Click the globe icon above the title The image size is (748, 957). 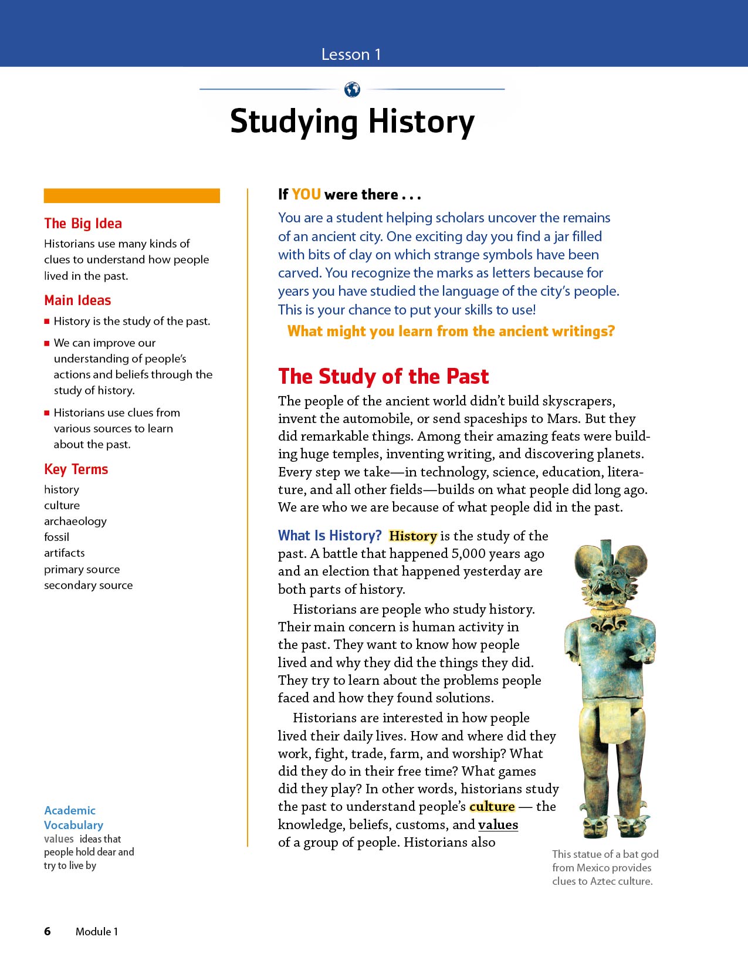pyautogui.click(x=352, y=90)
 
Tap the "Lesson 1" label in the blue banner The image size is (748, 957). pyautogui.click(x=351, y=55)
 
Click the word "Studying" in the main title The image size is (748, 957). pyautogui.click(x=293, y=122)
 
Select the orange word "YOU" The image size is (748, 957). pyautogui.click(x=306, y=195)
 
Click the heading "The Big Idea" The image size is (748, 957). pyautogui.click(x=83, y=224)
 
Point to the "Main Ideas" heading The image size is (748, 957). pyautogui.click(x=77, y=300)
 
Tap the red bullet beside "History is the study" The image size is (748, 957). pyautogui.click(x=47, y=322)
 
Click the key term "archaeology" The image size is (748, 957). pyautogui.click(x=75, y=521)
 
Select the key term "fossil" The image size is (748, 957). pyautogui.click(x=56, y=537)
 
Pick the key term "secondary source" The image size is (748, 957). pyautogui.click(x=88, y=585)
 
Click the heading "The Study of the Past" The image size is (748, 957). pyautogui.click(x=383, y=377)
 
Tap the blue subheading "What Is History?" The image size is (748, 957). pyautogui.click(x=330, y=536)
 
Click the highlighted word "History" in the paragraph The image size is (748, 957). pyautogui.click(x=413, y=536)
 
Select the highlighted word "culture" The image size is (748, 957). pyautogui.click(x=492, y=807)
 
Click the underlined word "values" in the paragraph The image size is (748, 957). pyautogui.click(x=498, y=825)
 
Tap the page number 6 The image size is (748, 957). pyautogui.click(x=48, y=931)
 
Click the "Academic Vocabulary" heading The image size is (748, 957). pyautogui.click(x=73, y=817)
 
